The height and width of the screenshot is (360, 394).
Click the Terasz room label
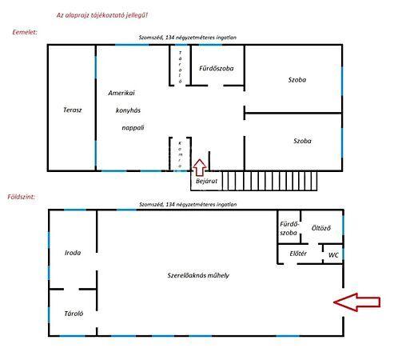click(x=73, y=110)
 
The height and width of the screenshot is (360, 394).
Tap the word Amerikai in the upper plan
click(x=121, y=93)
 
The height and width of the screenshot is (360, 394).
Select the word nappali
click(x=133, y=128)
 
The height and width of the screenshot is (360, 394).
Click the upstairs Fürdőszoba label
click(x=217, y=68)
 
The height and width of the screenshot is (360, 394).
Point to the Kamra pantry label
click(x=180, y=154)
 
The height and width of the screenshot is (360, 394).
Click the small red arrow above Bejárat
click(x=200, y=167)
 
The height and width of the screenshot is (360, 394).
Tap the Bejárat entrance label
click(x=206, y=181)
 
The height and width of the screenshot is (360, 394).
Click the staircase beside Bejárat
click(x=269, y=181)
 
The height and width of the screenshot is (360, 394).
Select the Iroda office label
click(x=73, y=253)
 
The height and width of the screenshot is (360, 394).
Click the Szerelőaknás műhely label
click(x=198, y=275)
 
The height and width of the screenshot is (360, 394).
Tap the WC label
click(x=333, y=255)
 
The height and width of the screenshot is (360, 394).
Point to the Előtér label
click(x=298, y=254)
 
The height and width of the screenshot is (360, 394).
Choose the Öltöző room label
click(x=321, y=228)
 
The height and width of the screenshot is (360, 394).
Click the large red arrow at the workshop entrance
click(x=357, y=302)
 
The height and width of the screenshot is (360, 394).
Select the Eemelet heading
click(x=25, y=32)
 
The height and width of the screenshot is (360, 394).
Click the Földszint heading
click(x=21, y=197)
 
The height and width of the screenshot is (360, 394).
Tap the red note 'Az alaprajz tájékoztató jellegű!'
click(x=102, y=15)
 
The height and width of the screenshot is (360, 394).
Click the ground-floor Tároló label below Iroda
click(x=74, y=314)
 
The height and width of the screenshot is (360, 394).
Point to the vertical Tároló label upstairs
click(x=181, y=67)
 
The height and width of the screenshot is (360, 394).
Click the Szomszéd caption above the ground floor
click(x=188, y=204)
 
